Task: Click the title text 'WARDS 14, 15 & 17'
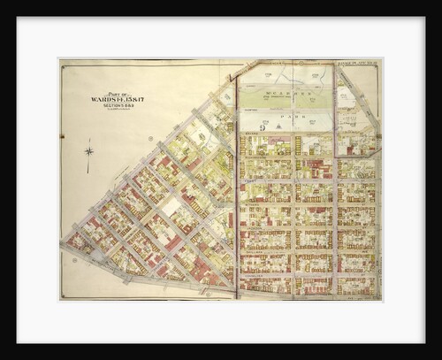117,99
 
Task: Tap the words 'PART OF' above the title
117,94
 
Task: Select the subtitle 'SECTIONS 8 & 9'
117,105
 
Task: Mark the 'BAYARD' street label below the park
285,134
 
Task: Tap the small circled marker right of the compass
151,139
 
